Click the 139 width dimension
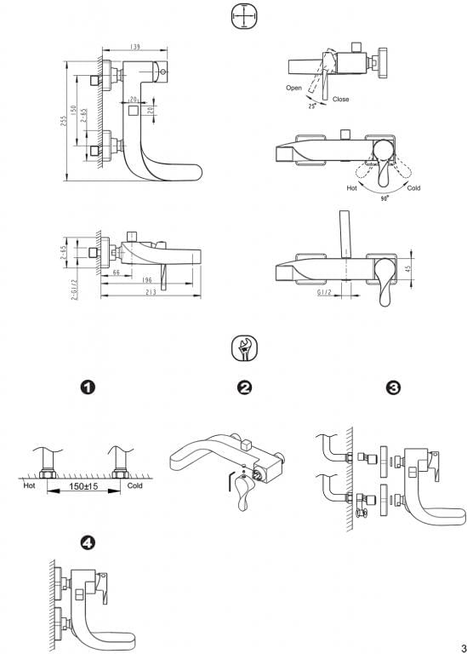[135, 46]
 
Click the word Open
[293, 89]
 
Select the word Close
[341, 99]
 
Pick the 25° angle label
[312, 106]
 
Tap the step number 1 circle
[87, 388]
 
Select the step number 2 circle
[244, 388]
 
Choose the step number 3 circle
[394, 388]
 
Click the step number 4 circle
[87, 542]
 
